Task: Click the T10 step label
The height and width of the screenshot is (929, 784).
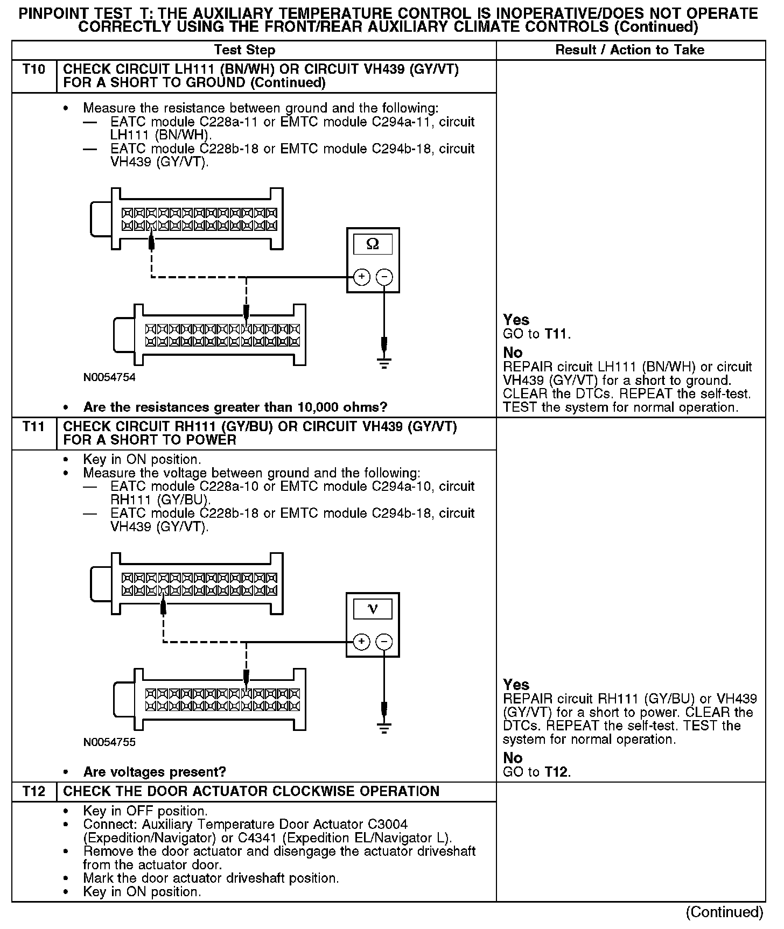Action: pos(34,69)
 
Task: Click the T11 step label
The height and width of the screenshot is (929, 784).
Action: pos(34,427)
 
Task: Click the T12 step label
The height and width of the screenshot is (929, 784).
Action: pos(34,791)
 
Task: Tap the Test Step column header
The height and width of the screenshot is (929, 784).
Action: pos(244,50)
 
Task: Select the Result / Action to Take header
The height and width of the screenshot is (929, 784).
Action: pos(629,50)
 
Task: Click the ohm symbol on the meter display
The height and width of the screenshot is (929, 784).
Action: pos(373,245)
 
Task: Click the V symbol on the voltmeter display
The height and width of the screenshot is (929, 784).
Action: pos(373,609)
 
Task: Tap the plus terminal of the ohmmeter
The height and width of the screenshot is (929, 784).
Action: pos(361,277)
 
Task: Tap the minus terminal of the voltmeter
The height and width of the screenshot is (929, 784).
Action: pos(384,642)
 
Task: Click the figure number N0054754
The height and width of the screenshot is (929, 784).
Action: pos(109,377)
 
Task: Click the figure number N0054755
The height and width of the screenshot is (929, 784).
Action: pos(109,742)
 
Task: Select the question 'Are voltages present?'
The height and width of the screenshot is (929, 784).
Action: pos(155,772)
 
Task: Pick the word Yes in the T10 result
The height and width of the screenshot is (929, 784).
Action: pos(516,320)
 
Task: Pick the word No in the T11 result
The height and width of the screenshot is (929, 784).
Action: pos(513,758)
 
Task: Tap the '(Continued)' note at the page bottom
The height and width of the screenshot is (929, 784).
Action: pos(724,912)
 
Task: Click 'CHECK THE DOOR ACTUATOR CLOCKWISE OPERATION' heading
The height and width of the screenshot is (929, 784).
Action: pos(251,791)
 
